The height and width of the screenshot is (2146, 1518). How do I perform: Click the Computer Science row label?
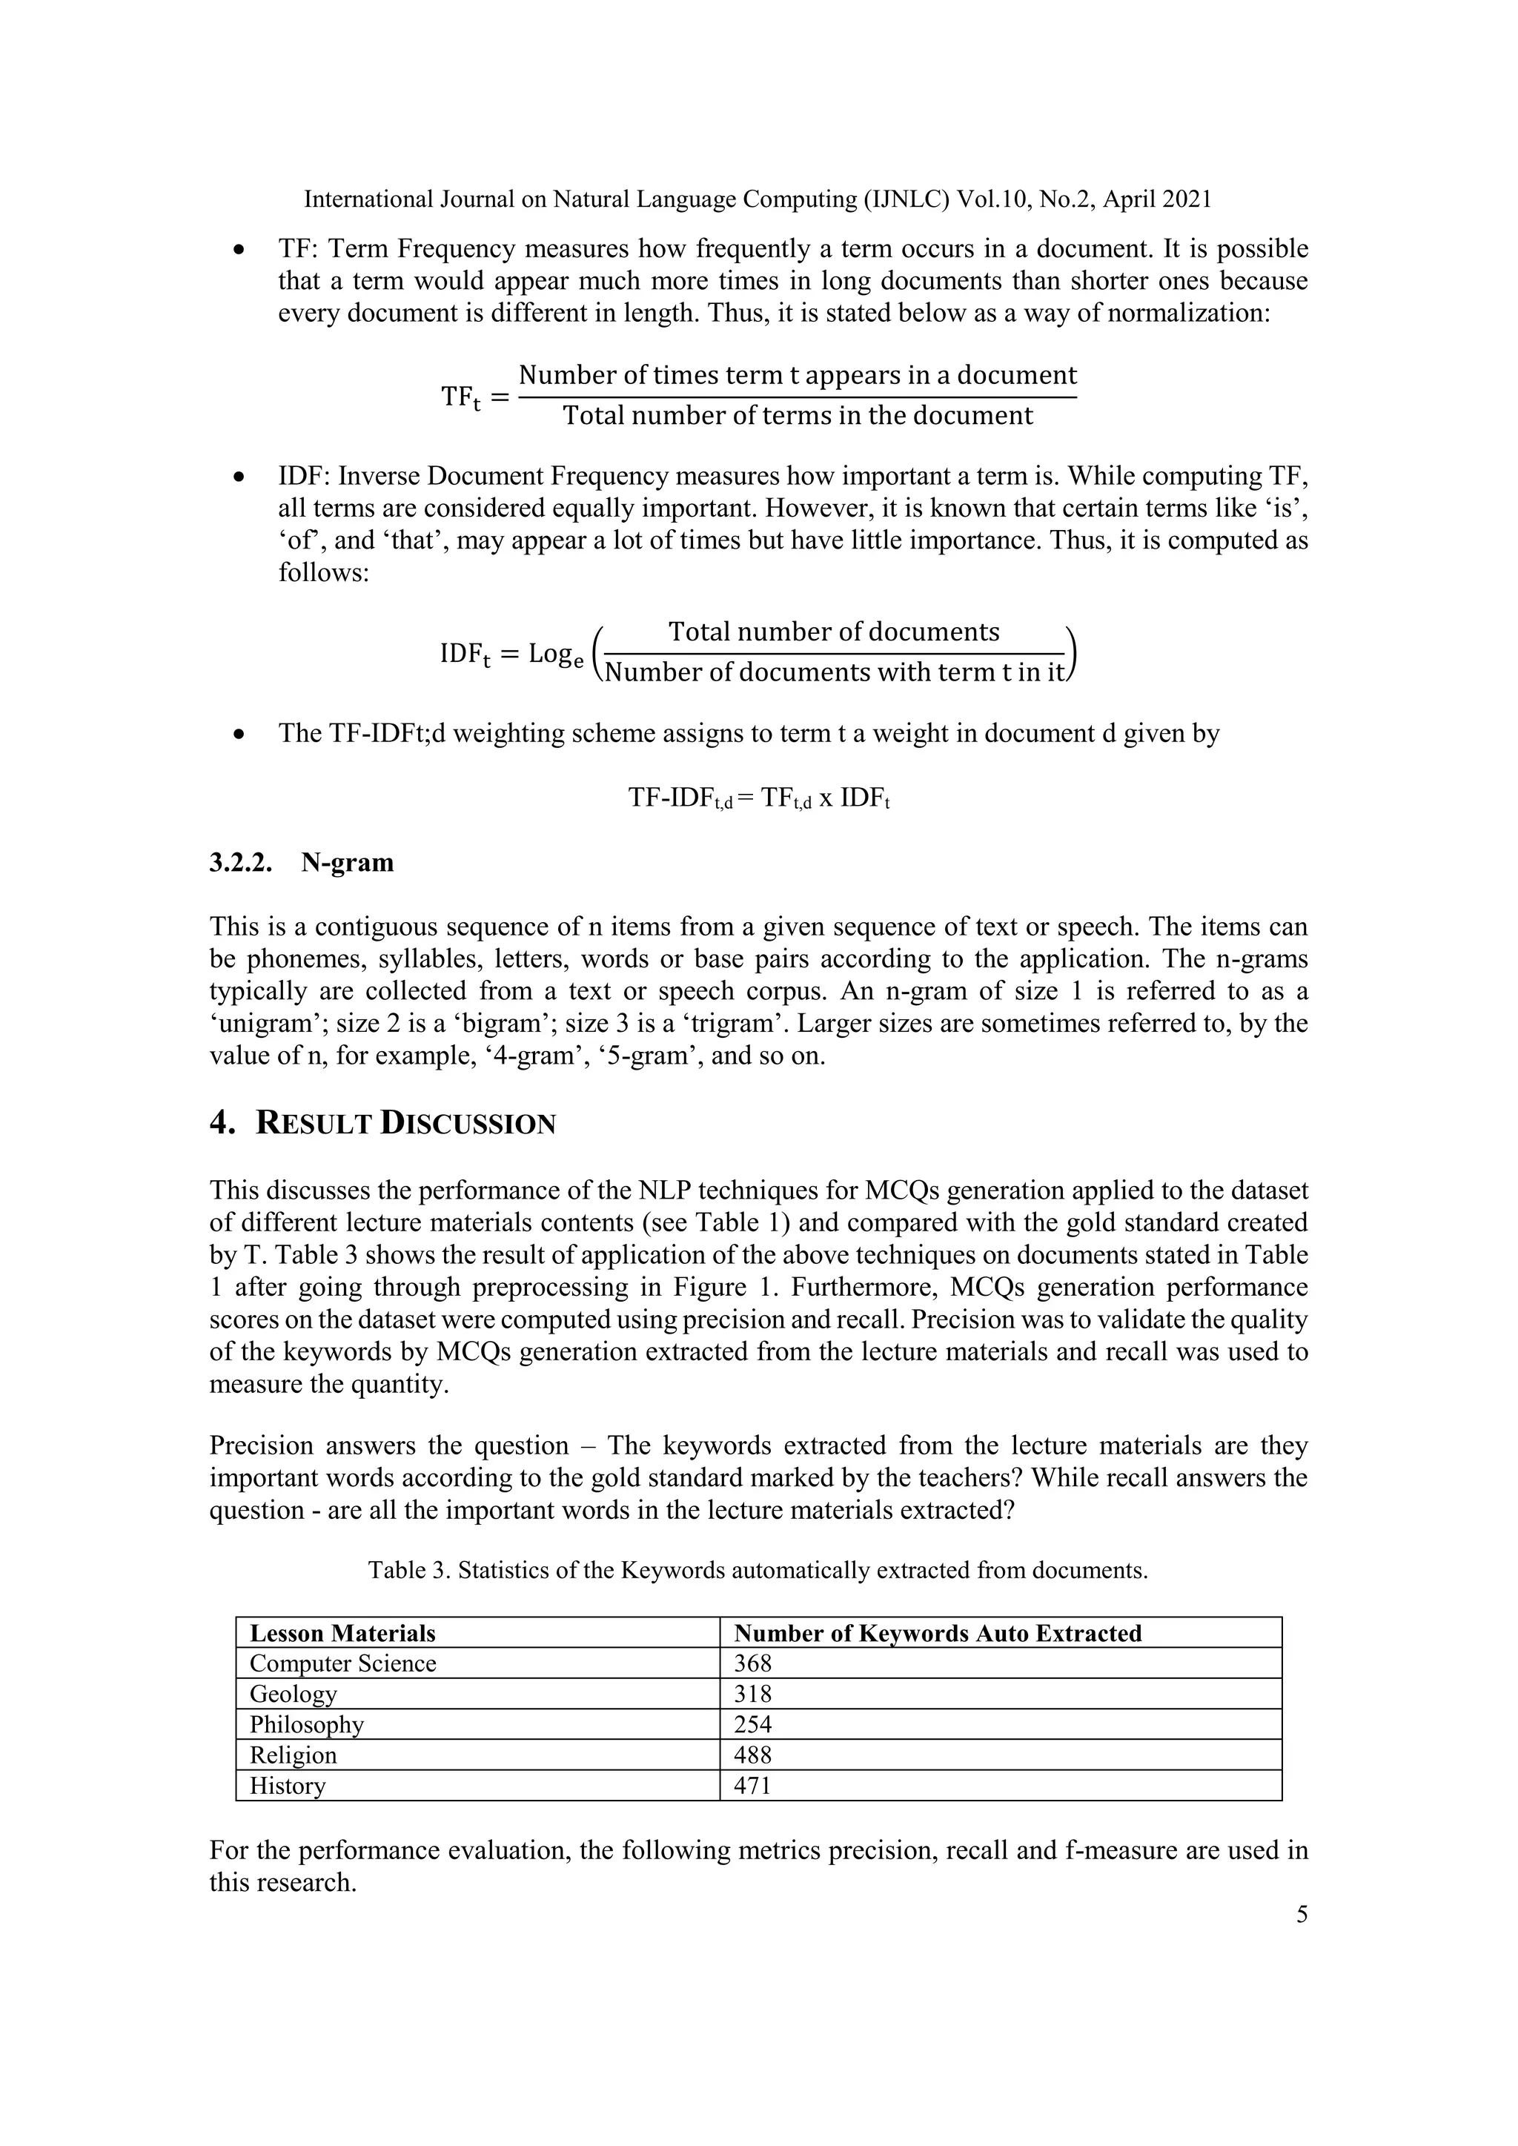[x=342, y=1663]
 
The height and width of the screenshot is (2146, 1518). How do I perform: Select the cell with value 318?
[x=752, y=1695]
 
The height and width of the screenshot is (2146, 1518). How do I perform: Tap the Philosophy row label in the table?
[x=307, y=1724]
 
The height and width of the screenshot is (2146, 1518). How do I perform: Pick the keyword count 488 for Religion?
[x=752, y=1755]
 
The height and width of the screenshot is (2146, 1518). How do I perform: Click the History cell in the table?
[x=288, y=1786]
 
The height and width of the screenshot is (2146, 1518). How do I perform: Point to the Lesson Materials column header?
[x=342, y=1634]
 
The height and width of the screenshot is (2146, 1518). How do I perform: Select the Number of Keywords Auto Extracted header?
[x=938, y=1634]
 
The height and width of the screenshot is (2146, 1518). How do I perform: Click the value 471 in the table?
[x=752, y=1786]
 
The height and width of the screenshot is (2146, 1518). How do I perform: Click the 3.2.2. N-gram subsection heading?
[x=302, y=863]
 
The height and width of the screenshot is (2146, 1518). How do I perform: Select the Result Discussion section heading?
[x=382, y=1124]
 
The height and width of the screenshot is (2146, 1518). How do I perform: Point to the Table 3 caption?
[x=757, y=1570]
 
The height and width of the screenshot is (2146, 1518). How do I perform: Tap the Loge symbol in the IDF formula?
[x=555, y=655]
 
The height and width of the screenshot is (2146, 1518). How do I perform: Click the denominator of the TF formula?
[x=798, y=416]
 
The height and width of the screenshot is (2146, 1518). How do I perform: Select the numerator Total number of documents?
[x=834, y=633]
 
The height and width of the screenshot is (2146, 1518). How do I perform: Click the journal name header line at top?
[x=757, y=199]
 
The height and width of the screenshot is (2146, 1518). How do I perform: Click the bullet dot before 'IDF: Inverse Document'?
[x=240, y=477]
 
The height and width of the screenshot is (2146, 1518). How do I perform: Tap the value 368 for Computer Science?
[x=752, y=1663]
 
